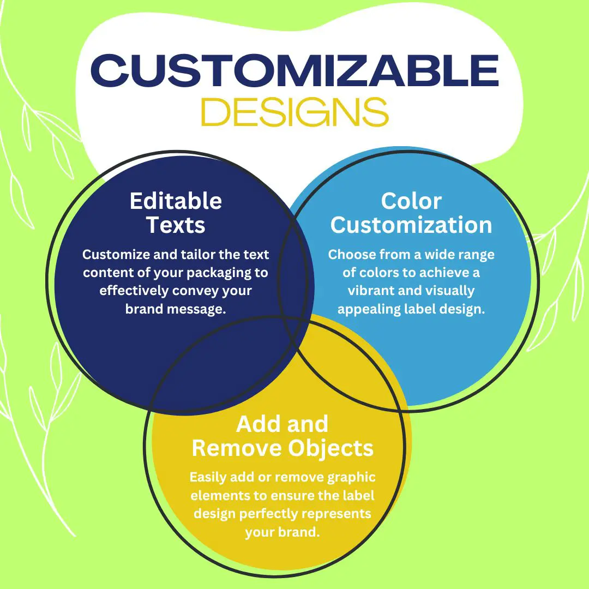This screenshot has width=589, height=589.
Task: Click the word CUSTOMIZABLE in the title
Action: [x=294, y=71]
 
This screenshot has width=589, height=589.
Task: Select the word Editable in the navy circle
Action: [x=176, y=201]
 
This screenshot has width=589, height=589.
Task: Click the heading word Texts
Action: [x=176, y=225]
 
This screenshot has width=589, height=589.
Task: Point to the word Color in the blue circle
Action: [x=411, y=201]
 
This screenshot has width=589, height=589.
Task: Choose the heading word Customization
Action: [x=411, y=225]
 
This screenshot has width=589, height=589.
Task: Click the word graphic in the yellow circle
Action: [x=351, y=477]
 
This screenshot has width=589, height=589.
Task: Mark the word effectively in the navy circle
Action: [x=134, y=291]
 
